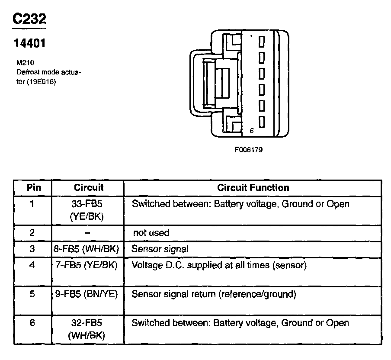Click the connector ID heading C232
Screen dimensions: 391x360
tap(29, 19)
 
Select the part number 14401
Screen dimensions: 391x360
tap(29, 43)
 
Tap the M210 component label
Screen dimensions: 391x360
tap(26, 62)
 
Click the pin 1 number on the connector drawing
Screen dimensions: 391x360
tap(251, 38)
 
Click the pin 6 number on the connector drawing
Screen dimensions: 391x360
tap(251, 130)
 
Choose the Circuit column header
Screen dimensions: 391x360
tap(89, 188)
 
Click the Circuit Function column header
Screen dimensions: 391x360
tap(253, 188)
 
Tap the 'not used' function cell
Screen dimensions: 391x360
tap(151, 233)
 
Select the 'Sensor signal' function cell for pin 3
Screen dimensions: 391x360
tap(160, 249)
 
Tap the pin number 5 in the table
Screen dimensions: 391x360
tap(32, 295)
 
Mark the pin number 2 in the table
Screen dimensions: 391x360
tap(32, 233)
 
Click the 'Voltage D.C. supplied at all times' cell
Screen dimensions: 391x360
tap(219, 265)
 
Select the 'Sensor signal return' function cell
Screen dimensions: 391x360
tap(214, 295)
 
